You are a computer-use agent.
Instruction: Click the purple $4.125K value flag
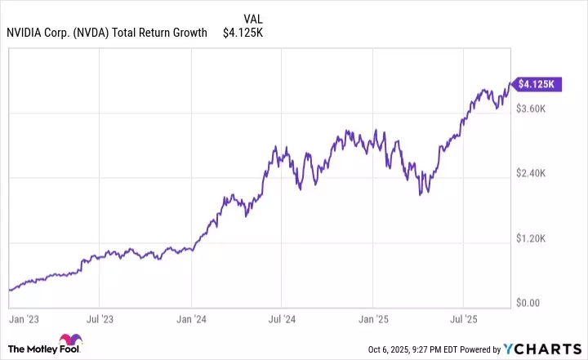click(535, 83)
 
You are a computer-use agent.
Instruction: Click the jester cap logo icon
click(70, 341)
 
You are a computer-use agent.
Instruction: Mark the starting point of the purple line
click(9, 290)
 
